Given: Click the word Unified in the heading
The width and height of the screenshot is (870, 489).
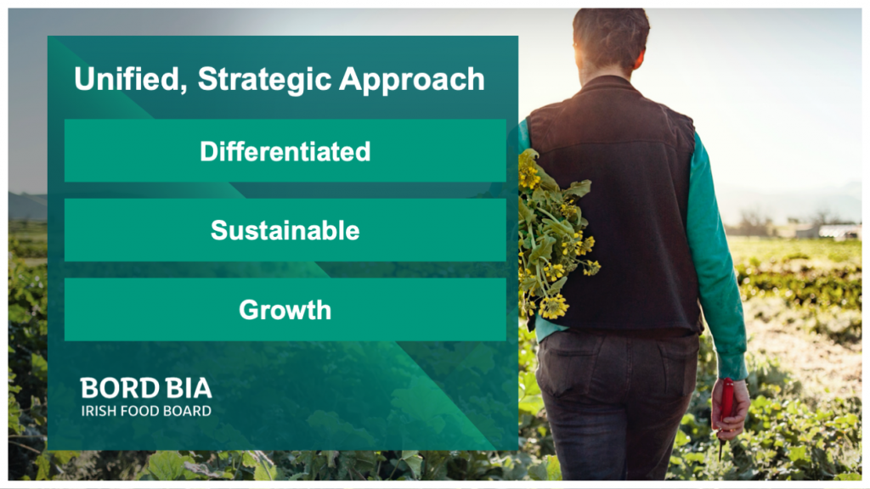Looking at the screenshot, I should coord(128,80).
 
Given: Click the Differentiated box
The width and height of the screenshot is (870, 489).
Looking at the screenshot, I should coord(285,151).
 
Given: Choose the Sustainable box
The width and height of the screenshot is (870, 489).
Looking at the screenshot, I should coord(285,230).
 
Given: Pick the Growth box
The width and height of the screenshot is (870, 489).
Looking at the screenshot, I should coord(285,310).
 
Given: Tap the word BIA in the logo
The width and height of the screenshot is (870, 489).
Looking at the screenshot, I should coord(184,389).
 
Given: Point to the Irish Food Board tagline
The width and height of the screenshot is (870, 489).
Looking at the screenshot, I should coord(146,411).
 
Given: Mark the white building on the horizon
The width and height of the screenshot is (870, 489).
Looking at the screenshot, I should coord(837,231).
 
